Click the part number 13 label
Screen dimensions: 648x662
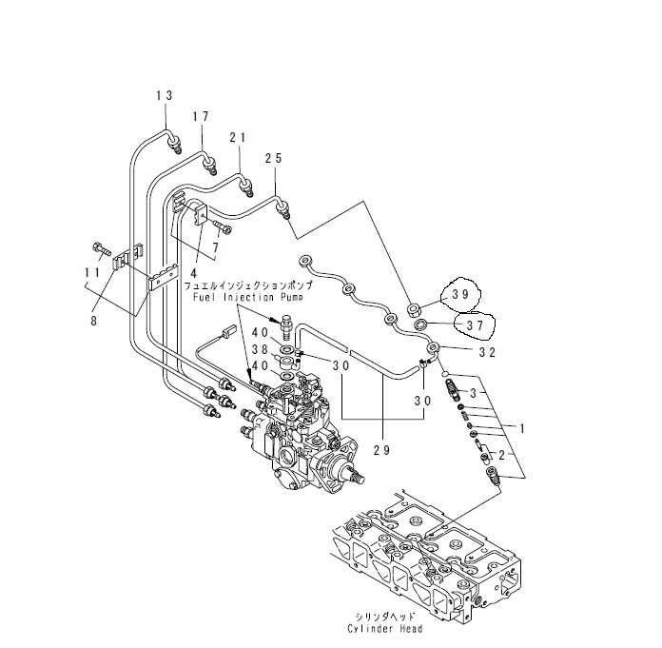(165, 94)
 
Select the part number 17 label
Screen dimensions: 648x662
(201, 117)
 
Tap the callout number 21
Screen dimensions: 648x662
(237, 138)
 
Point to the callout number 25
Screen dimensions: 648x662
(274, 159)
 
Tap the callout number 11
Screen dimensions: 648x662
(92, 272)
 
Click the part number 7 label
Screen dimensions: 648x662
(216, 247)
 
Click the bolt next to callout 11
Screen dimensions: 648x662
(99, 249)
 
